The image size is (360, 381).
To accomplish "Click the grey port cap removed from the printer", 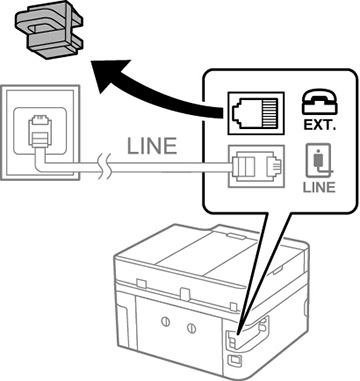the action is (49, 32).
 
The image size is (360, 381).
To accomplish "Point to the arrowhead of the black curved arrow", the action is (110, 77).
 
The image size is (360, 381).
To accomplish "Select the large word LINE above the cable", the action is (152, 146).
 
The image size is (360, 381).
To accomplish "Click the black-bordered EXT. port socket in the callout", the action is (256, 113).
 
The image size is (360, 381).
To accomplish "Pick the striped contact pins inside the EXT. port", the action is (270, 113).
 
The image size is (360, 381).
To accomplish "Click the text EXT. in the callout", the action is (320, 125).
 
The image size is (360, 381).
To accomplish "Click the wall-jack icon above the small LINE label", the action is (319, 161).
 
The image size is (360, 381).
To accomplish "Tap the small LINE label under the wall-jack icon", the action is (319, 187).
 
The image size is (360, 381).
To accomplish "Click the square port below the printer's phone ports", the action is (233, 360).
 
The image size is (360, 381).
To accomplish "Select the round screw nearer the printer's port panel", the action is (191, 328).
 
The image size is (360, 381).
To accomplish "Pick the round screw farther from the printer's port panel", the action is (166, 322).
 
